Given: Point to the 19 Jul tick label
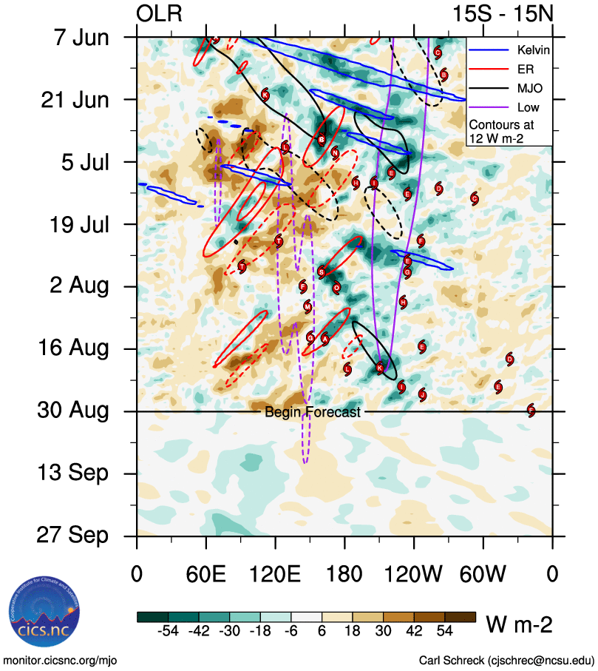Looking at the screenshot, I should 72,224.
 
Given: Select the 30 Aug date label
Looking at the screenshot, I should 72,411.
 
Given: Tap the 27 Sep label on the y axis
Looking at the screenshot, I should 72,535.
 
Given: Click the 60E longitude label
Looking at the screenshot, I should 206,573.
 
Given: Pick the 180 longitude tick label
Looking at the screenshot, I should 344,573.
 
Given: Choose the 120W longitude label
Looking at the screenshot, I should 414,573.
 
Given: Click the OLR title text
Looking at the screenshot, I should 159,14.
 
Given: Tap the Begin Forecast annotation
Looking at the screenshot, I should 313,412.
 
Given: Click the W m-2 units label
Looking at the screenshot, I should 519,625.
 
